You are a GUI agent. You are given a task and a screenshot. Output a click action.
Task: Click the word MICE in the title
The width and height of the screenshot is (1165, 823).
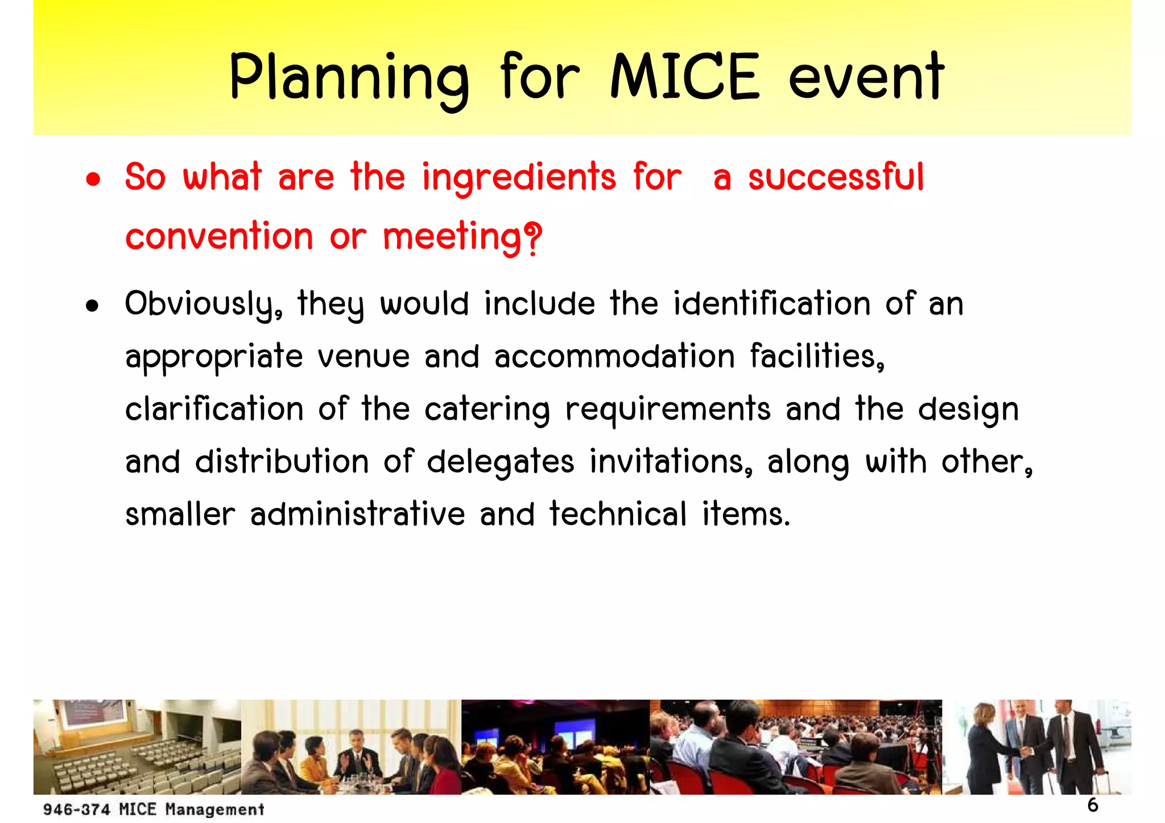pos(684,76)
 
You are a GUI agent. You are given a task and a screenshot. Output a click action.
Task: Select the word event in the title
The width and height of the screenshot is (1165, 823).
pos(866,76)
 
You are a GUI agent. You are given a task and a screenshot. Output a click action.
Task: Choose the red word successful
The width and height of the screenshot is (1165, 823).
pos(836,177)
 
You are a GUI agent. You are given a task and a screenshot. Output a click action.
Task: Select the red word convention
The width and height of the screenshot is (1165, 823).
pos(219,237)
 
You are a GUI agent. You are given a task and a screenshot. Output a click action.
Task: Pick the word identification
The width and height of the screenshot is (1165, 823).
pos(772,304)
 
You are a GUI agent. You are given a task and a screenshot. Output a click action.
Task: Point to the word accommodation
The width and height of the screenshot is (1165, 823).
pos(614,357)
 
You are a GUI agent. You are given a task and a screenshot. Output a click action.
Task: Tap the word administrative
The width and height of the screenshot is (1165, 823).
pos(358,514)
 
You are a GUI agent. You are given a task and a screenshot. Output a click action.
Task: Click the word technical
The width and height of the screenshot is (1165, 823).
pos(618,514)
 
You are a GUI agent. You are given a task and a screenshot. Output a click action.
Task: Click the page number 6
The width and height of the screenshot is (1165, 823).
pos(1093,805)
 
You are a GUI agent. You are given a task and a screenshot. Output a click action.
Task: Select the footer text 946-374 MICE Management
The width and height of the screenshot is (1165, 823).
pos(154,809)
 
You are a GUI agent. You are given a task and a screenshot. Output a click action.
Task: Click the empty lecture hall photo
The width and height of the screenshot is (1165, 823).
pos(137,747)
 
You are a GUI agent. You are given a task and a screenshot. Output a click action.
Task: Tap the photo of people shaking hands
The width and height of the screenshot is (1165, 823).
pos(1036,747)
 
